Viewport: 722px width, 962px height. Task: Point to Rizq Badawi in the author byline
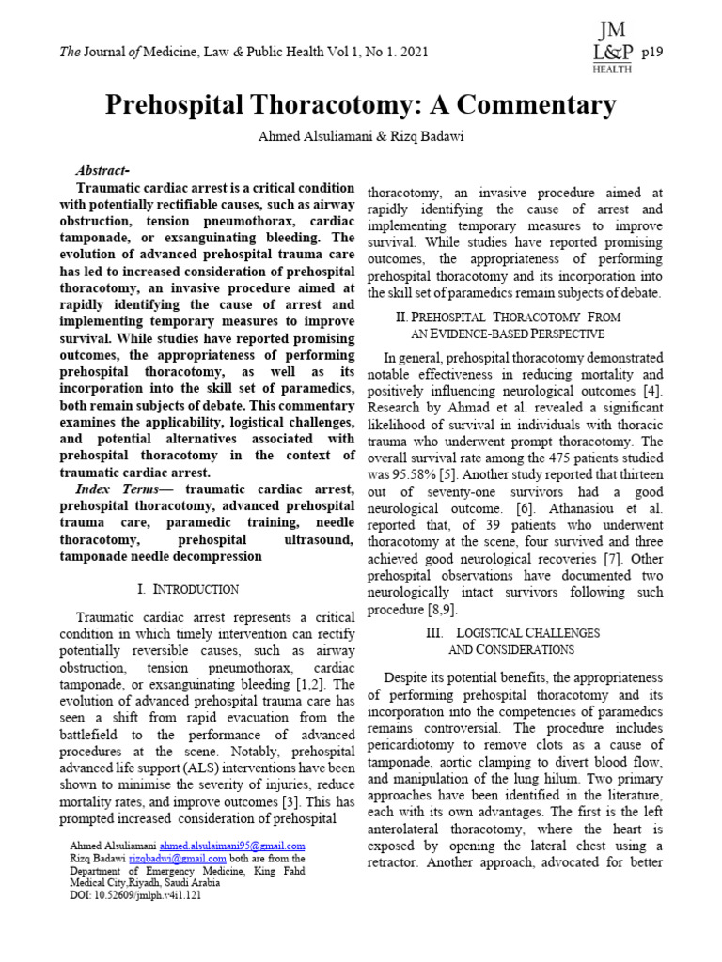coord(421,137)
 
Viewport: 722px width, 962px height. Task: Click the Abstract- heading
coord(102,170)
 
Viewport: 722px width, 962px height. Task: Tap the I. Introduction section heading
coord(187,589)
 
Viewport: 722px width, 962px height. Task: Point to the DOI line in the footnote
coord(135,895)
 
